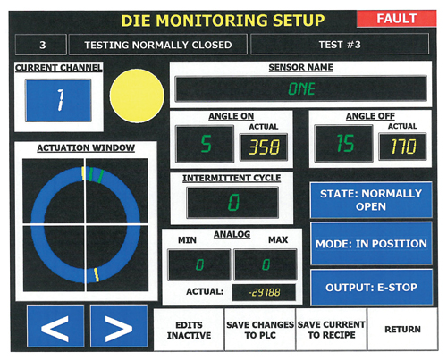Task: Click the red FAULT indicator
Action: click(x=397, y=19)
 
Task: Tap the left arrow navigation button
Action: click(x=55, y=326)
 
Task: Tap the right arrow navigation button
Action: click(x=119, y=326)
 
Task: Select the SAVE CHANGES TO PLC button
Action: click(x=260, y=330)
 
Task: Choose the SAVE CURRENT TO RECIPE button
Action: click(x=332, y=330)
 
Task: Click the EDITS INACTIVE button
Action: click(x=189, y=330)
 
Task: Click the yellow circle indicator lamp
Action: click(x=137, y=96)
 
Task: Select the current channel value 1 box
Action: click(x=58, y=100)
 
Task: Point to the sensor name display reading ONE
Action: click(x=301, y=88)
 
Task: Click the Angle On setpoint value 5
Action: click(x=205, y=144)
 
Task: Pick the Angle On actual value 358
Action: click(x=264, y=147)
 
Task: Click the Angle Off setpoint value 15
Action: click(x=344, y=144)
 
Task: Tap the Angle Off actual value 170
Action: click(x=402, y=147)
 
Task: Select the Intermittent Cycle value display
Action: click(x=232, y=203)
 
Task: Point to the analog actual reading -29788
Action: click(x=264, y=292)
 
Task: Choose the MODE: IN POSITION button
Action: click(x=371, y=244)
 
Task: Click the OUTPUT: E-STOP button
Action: click(x=371, y=288)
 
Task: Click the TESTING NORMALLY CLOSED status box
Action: click(x=158, y=45)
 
